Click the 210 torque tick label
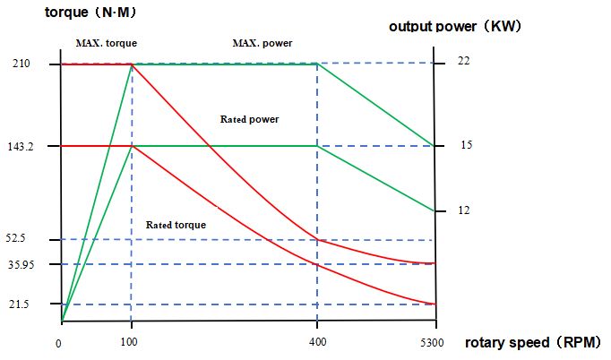(x=22, y=64)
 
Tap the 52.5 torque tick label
(x=22, y=239)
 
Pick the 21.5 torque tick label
(x=22, y=305)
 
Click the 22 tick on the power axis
(x=464, y=61)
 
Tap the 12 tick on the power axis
(x=464, y=210)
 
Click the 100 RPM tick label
(x=131, y=343)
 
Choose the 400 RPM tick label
(x=317, y=343)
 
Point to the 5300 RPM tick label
(x=434, y=343)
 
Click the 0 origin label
(x=58, y=343)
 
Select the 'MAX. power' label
(x=262, y=43)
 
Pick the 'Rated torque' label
(x=176, y=225)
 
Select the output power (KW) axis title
(x=454, y=26)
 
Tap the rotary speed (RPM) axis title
(x=532, y=343)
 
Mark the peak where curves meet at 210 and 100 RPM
(x=133, y=64)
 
